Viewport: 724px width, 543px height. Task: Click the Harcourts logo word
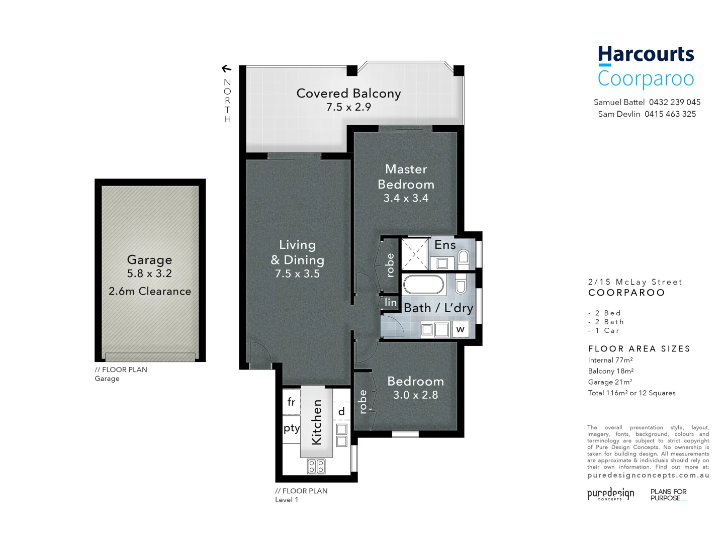[646, 54]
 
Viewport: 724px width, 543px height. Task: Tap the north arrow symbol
[227, 69]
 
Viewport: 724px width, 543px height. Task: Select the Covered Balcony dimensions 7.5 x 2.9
[348, 107]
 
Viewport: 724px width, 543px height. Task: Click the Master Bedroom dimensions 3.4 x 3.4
[406, 198]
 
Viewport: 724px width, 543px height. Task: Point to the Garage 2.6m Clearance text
[150, 291]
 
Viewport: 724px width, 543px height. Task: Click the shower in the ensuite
[414, 254]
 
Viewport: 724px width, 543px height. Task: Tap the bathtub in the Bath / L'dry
[424, 285]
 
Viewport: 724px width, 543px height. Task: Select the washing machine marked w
[460, 329]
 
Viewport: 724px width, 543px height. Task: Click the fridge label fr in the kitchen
[291, 402]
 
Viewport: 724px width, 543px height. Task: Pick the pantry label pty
[291, 428]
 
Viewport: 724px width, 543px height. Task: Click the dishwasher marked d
[341, 412]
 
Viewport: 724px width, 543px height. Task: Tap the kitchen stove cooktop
[316, 466]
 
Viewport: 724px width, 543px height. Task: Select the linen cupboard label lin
[390, 303]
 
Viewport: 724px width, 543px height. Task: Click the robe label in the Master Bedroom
[390, 265]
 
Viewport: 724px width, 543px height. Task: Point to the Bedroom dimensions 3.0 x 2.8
[415, 395]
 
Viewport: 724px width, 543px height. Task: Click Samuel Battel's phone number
[674, 102]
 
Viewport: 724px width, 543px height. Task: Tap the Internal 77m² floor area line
[610, 360]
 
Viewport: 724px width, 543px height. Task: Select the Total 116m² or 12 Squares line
[631, 393]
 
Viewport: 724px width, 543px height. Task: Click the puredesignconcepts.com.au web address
[648, 475]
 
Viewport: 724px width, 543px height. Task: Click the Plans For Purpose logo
[668, 495]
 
